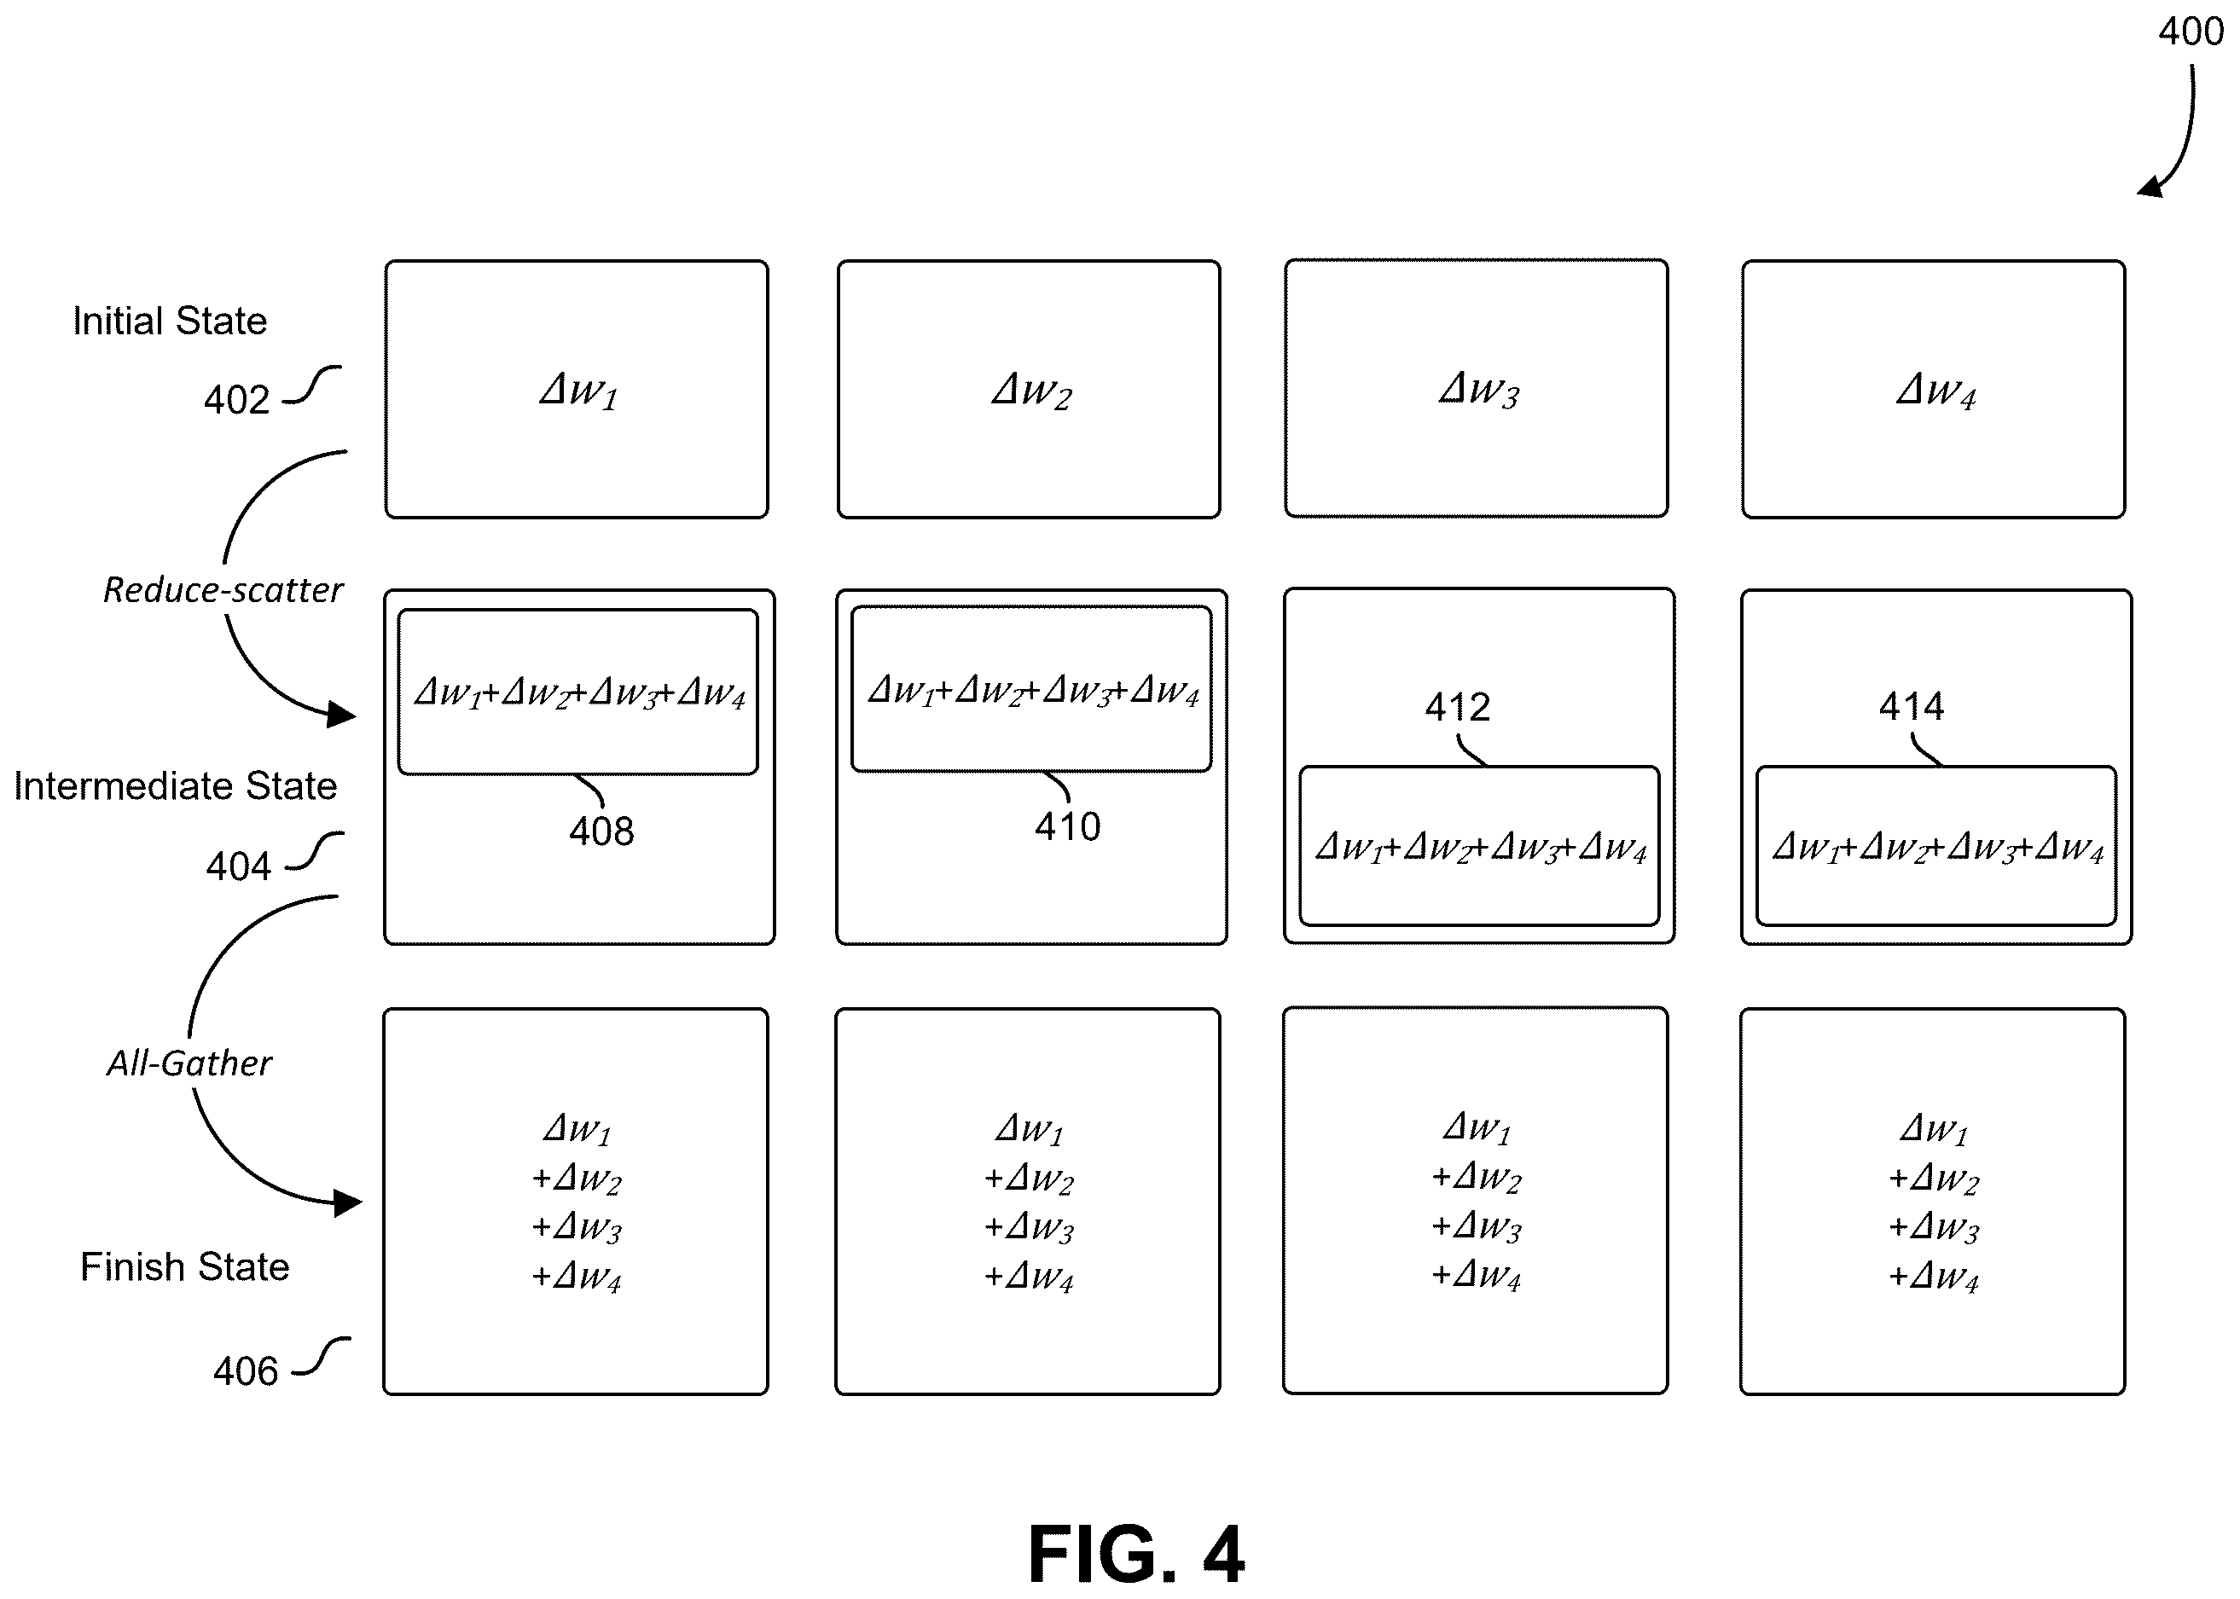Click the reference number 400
(2191, 32)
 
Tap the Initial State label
(170, 321)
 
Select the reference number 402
(236, 400)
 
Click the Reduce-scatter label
(223, 590)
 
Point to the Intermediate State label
(175, 785)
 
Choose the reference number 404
(238, 866)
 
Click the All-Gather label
(189, 1063)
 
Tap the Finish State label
(185, 1267)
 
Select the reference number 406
(247, 1371)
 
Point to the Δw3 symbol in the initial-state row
(1479, 390)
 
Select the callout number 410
(1067, 827)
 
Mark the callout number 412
(1457, 707)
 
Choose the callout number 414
(1911, 706)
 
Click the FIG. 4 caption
(1136, 1554)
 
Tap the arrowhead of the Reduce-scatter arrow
(342, 714)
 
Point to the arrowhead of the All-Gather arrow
(347, 1202)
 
